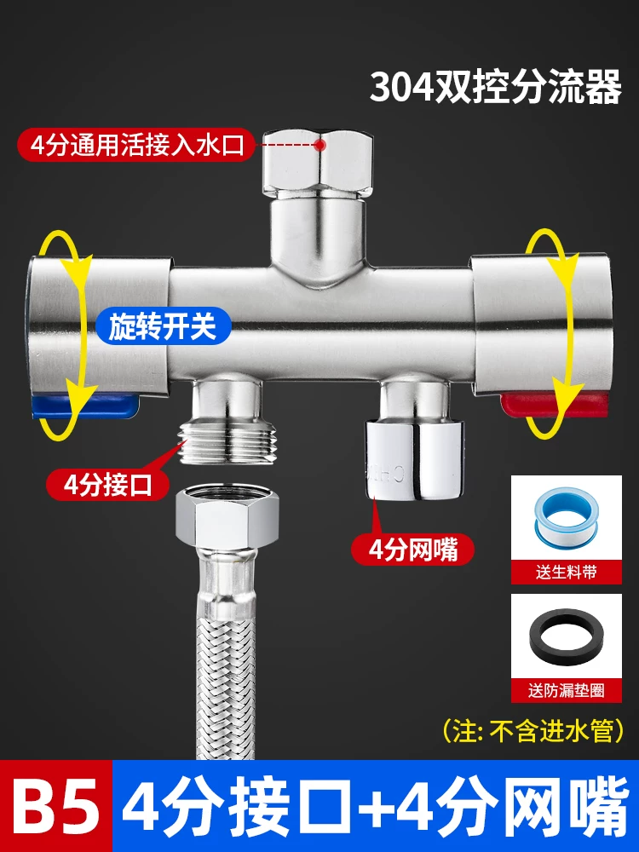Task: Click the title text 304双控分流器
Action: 496,87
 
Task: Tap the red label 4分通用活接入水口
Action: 135,145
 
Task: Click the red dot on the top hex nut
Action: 320,145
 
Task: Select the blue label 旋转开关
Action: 163,326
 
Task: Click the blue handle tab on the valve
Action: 84,406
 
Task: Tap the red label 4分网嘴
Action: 413,550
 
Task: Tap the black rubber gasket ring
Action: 567,639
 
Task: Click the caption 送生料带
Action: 567,572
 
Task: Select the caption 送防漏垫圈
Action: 567,691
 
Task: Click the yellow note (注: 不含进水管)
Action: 533,731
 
